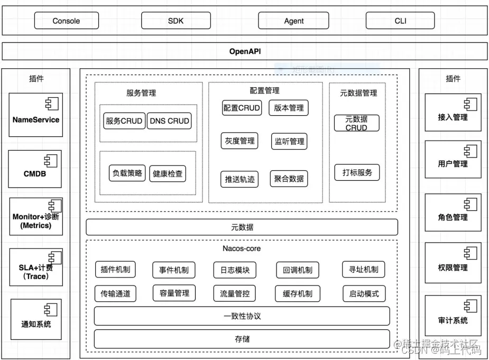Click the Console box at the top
(x=66, y=21)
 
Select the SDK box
(x=176, y=21)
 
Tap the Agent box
(x=293, y=21)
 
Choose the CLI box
(x=400, y=21)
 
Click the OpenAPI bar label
(x=245, y=51)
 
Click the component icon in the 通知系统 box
(x=50, y=310)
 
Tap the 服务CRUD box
(x=124, y=121)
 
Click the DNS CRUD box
(x=169, y=121)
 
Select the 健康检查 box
(x=168, y=173)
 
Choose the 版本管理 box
(x=289, y=108)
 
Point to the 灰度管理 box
(x=239, y=141)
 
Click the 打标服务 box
(x=357, y=172)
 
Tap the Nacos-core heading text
(x=241, y=248)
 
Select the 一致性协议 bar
(x=242, y=316)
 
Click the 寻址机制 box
(x=364, y=270)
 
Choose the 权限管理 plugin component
(x=453, y=263)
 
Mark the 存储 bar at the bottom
(x=242, y=339)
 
